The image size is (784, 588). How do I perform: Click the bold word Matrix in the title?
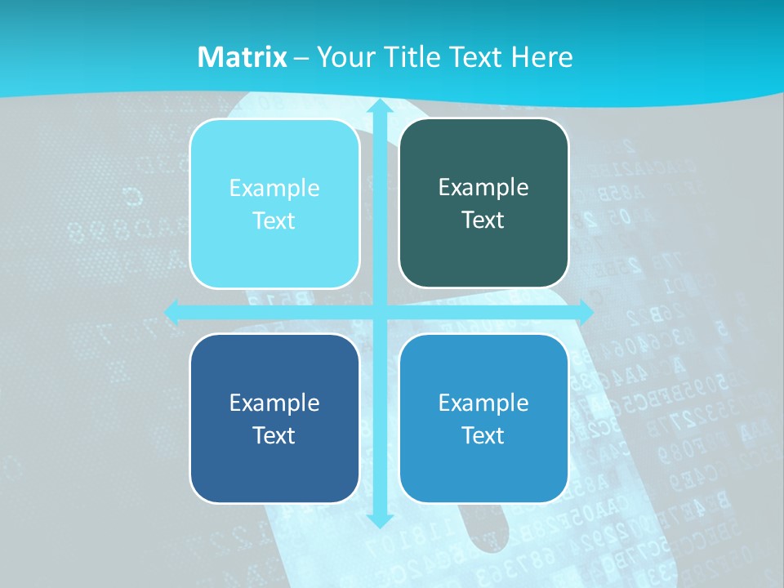[x=243, y=57]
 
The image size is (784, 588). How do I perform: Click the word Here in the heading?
[x=541, y=57]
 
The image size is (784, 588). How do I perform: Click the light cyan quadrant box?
[x=274, y=204]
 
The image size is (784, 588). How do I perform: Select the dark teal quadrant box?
[x=483, y=203]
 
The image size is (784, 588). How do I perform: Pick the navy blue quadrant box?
[x=274, y=418]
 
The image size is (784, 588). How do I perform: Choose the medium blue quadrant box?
[x=483, y=418]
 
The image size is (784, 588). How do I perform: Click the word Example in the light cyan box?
[x=274, y=189]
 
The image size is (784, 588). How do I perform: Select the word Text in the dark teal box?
[x=483, y=220]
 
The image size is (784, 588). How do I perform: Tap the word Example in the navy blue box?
[x=274, y=403]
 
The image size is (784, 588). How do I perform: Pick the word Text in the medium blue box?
[x=483, y=435]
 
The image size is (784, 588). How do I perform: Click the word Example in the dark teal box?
[x=483, y=188]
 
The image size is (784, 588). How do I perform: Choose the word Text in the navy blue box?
[x=274, y=435]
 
